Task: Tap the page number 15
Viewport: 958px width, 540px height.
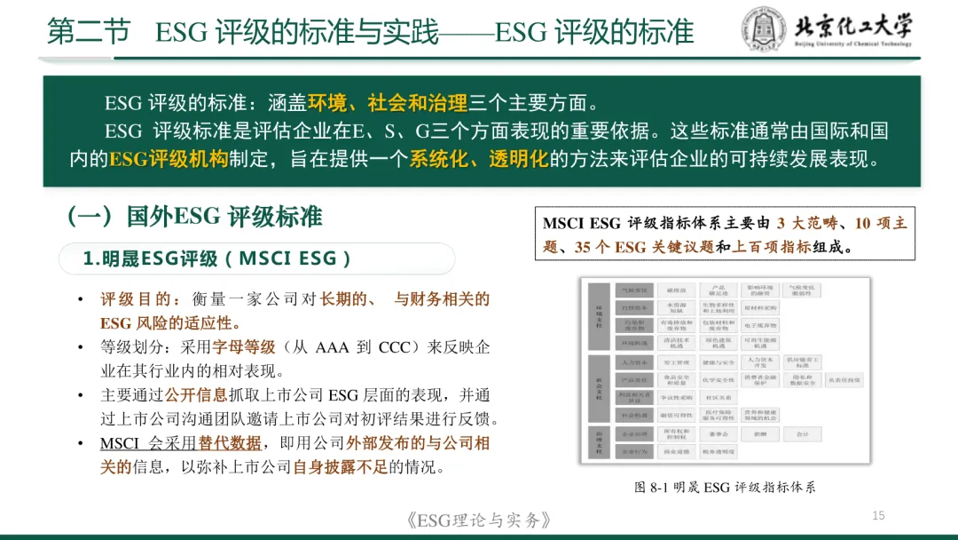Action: (879, 516)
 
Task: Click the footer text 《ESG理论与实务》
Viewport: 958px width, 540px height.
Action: (478, 520)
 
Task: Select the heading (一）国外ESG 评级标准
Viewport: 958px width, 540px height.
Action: (194, 218)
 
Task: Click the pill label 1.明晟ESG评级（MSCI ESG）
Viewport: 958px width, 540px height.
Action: (218, 259)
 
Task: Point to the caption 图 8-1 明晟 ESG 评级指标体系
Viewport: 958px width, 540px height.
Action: (725, 488)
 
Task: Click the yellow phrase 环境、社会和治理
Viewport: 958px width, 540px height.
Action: (388, 103)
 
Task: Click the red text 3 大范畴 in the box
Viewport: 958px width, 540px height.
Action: (806, 223)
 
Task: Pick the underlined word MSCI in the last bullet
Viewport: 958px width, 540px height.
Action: (119, 443)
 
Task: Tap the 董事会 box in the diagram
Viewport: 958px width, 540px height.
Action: (718, 434)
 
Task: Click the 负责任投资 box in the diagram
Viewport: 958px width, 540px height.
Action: (843, 380)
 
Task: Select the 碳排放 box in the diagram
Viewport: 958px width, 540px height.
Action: (671, 290)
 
